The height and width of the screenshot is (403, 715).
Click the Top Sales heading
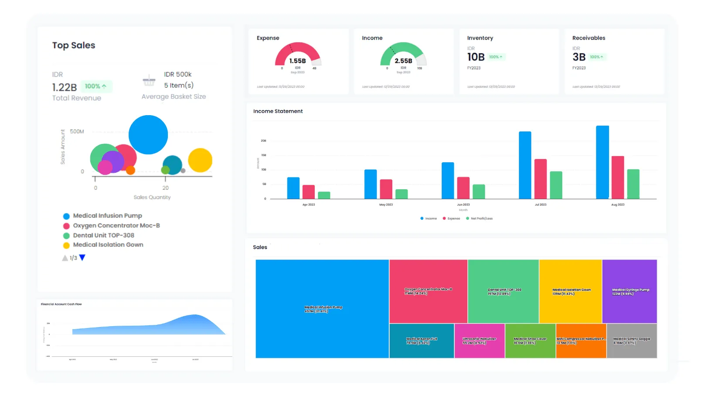[x=74, y=45]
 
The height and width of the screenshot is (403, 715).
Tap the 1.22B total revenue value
[x=65, y=87]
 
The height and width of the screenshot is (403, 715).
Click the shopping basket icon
[x=149, y=81]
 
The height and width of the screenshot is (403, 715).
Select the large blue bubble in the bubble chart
[x=148, y=135]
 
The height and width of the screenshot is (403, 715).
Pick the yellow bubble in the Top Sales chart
[x=200, y=160]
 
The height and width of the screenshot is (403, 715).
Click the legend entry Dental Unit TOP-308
[x=103, y=235]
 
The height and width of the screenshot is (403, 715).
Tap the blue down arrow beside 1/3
[x=82, y=258]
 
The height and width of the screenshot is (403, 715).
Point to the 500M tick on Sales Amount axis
[x=77, y=131]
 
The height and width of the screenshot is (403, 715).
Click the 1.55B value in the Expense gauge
[x=298, y=61]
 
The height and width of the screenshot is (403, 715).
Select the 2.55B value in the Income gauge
[x=403, y=61]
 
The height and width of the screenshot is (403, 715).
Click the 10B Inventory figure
[x=476, y=57]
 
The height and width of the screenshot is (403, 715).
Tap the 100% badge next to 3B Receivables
[x=596, y=57]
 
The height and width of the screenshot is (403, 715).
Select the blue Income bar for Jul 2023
[x=525, y=165]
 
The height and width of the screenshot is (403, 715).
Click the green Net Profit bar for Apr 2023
[x=324, y=195]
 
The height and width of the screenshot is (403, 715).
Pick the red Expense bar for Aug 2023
[x=618, y=177]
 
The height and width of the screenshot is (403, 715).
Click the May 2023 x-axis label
[x=386, y=205]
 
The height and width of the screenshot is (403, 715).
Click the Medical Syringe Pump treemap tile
[x=630, y=291]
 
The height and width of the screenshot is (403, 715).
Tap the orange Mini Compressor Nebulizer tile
[x=581, y=341]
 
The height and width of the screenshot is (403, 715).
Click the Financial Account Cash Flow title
[x=61, y=304]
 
